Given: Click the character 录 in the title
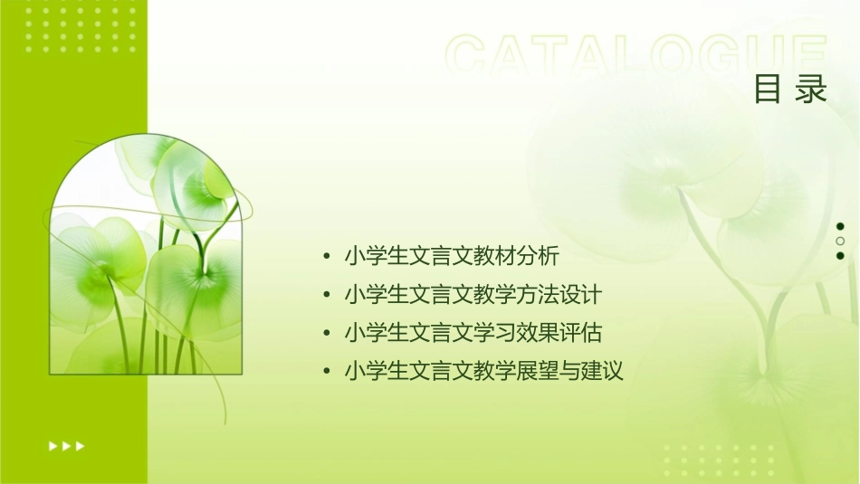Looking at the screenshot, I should (812, 90).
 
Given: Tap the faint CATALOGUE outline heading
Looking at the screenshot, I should (636, 55).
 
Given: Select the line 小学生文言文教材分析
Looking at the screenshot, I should (453, 256).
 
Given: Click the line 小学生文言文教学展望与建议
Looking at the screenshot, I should (484, 370).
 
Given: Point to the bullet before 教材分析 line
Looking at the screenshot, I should (326, 257).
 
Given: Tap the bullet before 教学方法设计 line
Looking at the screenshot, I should (326, 295).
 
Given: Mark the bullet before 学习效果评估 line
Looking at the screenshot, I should (326, 333).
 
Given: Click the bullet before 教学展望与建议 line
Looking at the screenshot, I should (326, 371).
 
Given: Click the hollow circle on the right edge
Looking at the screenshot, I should (840, 242).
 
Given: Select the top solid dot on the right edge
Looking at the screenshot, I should (840, 227).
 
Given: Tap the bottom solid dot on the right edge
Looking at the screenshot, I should (840, 256).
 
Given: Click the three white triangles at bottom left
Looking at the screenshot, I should (66, 445).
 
